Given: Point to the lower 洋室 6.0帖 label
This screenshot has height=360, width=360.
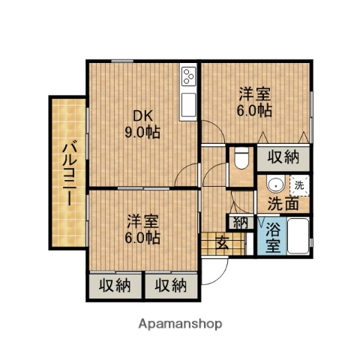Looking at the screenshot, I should tap(142, 229).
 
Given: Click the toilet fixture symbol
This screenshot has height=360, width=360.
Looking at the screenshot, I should tap(241, 160).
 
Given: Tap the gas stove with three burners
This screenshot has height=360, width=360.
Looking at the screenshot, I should tap(188, 76).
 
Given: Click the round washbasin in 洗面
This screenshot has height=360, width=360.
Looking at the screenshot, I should tap(274, 184).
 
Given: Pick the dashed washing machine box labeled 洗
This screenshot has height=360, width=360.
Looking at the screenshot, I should tap(299, 184).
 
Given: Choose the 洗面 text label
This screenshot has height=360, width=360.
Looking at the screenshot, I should tap(283, 203).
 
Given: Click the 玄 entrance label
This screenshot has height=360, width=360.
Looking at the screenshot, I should tap(223, 241).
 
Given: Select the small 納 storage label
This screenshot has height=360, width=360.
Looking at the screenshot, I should tap(241, 222).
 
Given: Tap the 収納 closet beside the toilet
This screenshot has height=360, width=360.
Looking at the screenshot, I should tap(283, 157).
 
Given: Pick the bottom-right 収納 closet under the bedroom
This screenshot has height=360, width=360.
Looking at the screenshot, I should tap(171, 285).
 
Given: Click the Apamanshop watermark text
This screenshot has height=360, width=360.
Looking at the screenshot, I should tap(180, 324).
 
